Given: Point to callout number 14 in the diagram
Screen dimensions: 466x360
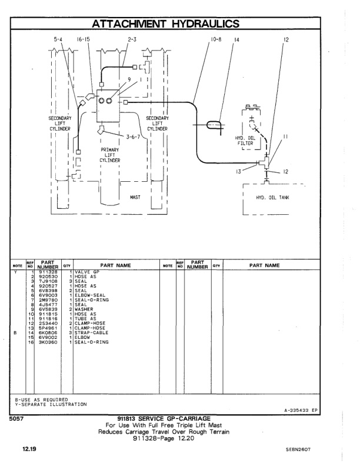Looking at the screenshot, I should coord(236,40).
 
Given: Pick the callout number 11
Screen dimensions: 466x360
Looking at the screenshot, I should coord(286,137).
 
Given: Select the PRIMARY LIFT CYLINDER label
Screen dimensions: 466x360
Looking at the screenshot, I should coord(110,155).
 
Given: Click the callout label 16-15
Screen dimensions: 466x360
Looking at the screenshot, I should coord(83,40).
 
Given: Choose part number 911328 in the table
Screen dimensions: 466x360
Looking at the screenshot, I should coord(48,272).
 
